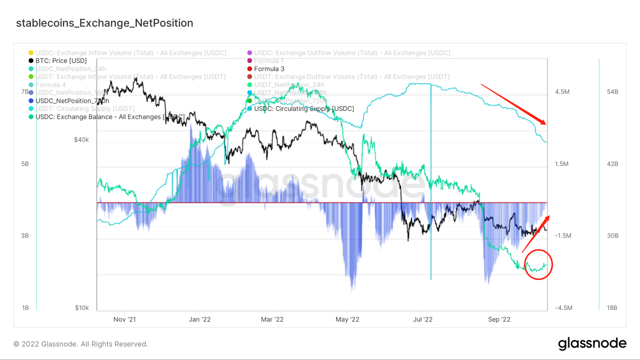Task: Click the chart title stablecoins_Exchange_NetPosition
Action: point(104,23)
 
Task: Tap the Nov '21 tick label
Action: point(124,319)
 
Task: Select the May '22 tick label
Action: point(347,319)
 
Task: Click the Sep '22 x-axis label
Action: point(498,319)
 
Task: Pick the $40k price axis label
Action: point(81,140)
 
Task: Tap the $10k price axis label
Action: point(81,308)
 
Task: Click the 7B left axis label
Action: point(25,92)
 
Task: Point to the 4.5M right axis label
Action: point(562,92)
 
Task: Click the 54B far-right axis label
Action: point(612,92)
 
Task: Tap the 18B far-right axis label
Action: point(612,308)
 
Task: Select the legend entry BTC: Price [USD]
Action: point(61,60)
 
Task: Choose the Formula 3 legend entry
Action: point(269,68)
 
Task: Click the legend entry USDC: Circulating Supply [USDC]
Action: point(303,108)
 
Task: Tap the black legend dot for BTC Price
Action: point(31,60)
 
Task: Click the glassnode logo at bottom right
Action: point(592,343)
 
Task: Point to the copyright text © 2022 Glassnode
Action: point(80,344)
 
